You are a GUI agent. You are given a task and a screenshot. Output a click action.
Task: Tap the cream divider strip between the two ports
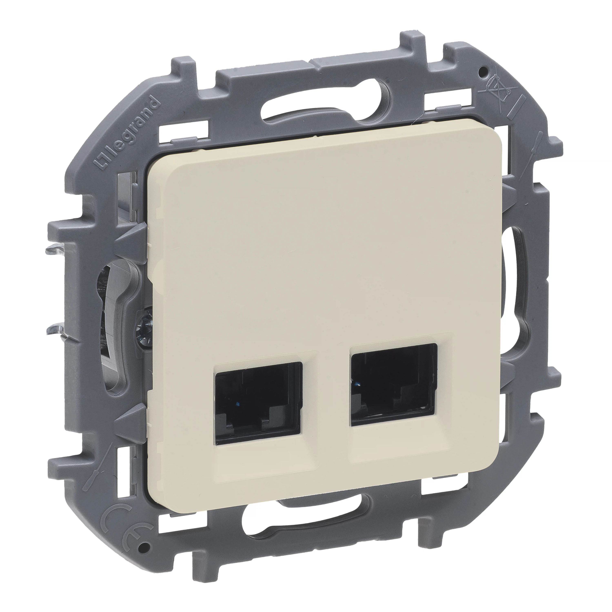point(326,399)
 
